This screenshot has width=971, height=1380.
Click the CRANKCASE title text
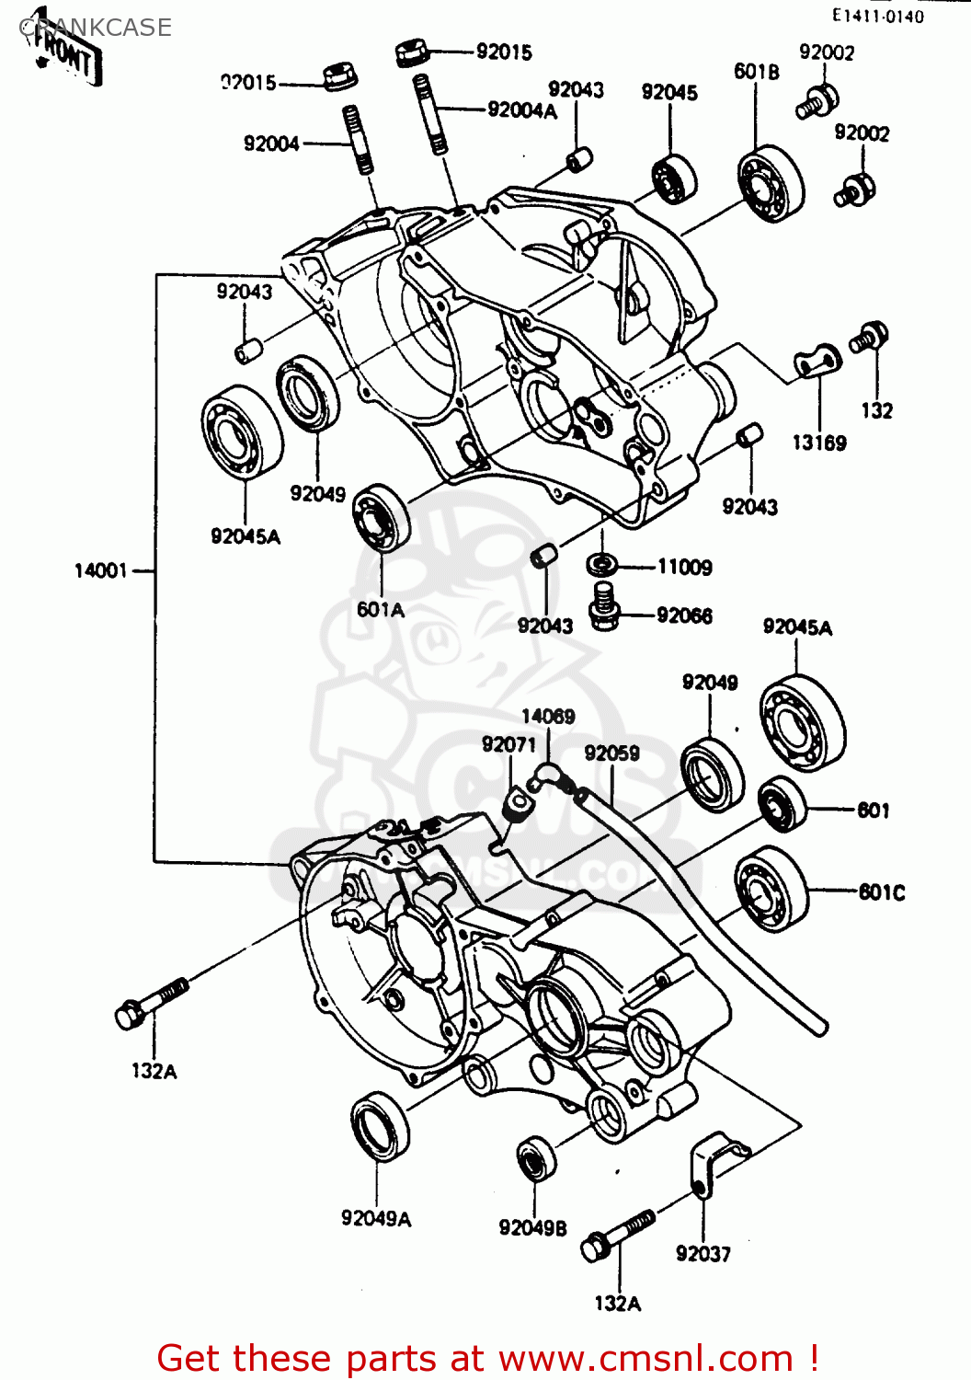pos(97,28)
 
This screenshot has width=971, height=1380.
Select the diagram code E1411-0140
pos(877,16)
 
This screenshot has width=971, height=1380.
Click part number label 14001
pos(100,571)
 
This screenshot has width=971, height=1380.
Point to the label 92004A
pos(522,110)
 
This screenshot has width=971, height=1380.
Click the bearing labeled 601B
pos(771,184)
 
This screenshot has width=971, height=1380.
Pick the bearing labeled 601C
pos(772,888)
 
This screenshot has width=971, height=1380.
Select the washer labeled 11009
pos(602,563)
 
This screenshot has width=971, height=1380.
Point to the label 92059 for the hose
pos(611,753)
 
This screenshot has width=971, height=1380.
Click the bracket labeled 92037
pos(713,1161)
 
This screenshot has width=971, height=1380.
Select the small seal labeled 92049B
pos(537,1159)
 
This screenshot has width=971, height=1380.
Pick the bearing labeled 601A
pos(382,518)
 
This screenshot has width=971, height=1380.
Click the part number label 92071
pos(508,744)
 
